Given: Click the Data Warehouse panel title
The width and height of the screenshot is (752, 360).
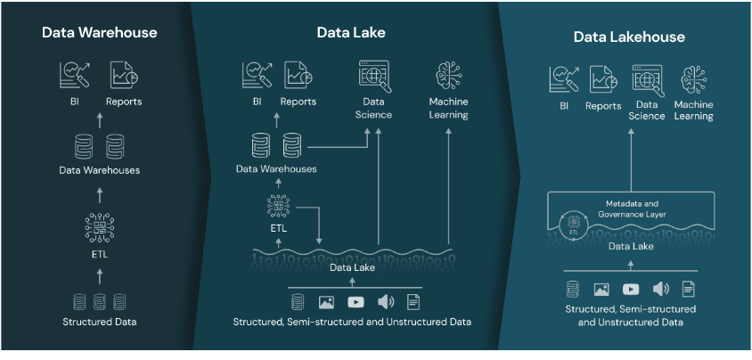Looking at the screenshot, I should pos(99,33).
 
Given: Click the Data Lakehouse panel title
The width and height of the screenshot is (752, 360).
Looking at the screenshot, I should pos(628,37).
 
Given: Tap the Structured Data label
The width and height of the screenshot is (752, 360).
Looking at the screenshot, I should pos(99,321).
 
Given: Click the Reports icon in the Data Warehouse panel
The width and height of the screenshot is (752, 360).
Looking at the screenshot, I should pos(122,77).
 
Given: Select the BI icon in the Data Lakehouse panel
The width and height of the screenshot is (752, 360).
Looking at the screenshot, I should pos(563,80).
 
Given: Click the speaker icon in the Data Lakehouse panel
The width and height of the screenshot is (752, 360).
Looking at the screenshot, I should pos(660,289).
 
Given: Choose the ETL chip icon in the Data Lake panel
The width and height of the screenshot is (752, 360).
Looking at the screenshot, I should pos(279,208).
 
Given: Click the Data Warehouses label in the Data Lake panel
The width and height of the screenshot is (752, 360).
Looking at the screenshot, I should pos(276,168).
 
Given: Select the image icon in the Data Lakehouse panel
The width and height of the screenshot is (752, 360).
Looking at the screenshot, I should pos(601,289).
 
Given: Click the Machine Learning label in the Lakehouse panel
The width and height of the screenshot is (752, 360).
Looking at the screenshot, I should pos(693,110).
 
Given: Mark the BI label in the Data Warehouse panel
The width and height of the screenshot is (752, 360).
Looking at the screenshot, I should pos(74,102).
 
